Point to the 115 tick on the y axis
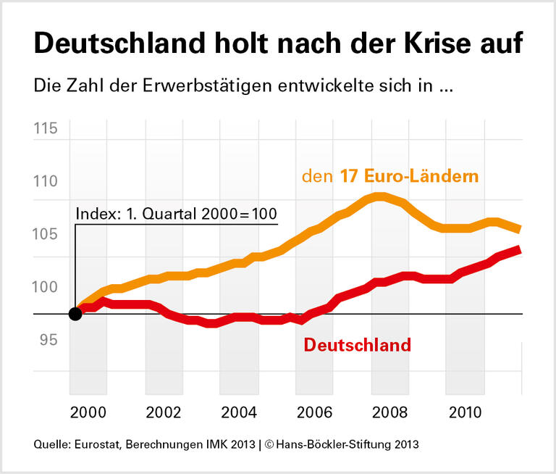pyautogui.click(x=46, y=129)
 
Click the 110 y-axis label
pyautogui.click(x=46, y=181)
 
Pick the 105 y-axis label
pyautogui.click(x=46, y=234)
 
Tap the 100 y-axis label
pyautogui.click(x=46, y=287)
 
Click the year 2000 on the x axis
pyautogui.click(x=88, y=412)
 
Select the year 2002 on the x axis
pyautogui.click(x=164, y=412)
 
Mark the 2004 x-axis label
pyautogui.click(x=239, y=412)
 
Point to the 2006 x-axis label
pyautogui.click(x=314, y=412)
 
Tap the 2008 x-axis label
pyautogui.click(x=389, y=412)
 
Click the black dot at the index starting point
pyautogui.click(x=75, y=314)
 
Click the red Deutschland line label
pyautogui.click(x=357, y=345)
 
